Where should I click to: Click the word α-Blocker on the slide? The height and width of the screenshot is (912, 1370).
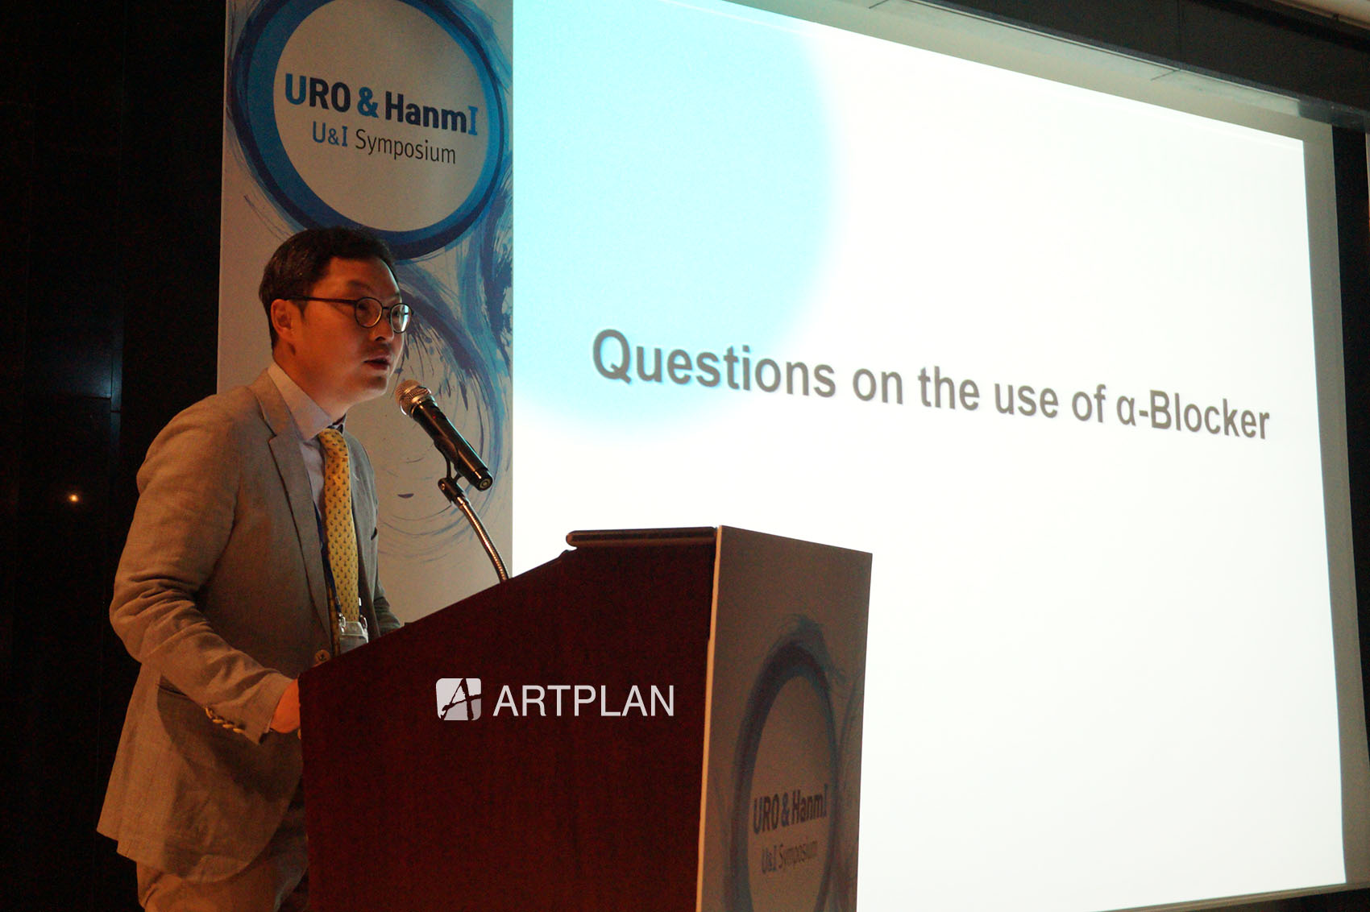tap(1193, 418)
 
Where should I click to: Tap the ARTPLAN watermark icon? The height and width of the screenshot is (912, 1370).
tap(458, 699)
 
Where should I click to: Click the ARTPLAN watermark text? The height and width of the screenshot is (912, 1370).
tap(583, 700)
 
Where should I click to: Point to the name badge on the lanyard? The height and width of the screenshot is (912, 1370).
tap(353, 634)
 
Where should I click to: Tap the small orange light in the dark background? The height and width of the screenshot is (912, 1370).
tap(73, 498)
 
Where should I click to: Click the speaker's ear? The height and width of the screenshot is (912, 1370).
tap(282, 321)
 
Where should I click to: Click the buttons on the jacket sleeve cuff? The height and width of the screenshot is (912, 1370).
tap(226, 722)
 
